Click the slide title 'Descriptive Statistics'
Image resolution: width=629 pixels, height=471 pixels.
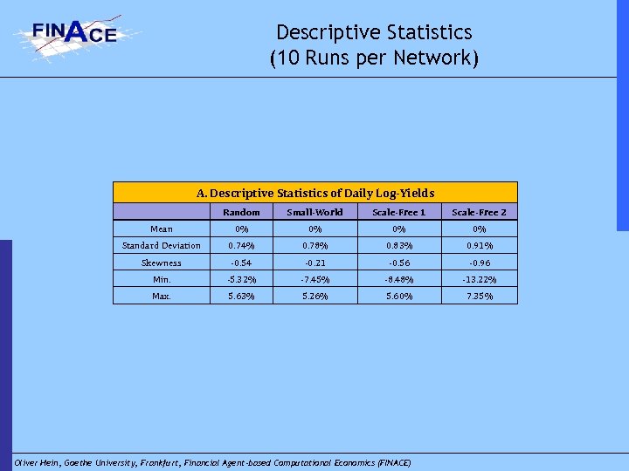coord(374,32)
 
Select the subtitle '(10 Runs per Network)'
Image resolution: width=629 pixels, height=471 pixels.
coord(374,58)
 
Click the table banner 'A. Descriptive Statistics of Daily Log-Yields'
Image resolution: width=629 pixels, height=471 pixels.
coord(315,193)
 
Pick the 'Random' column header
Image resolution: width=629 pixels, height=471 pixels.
coord(241,212)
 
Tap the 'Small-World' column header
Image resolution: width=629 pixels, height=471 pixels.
coord(314,212)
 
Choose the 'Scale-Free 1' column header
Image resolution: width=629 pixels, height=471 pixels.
coord(398,212)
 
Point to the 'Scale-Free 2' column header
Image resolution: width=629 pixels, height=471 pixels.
coord(478,212)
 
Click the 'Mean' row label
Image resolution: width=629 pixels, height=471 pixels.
coord(161,229)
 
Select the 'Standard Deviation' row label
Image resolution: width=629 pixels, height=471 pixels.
coord(161,245)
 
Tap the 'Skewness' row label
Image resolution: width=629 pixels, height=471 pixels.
coord(161,263)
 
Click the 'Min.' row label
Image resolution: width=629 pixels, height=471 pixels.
coord(161,279)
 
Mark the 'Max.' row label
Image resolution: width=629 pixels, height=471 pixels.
coord(161,296)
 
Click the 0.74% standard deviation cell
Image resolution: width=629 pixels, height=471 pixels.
coord(241,245)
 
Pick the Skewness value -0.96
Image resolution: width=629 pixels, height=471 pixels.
coord(478,263)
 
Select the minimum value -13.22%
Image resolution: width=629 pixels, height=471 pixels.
coord(478,279)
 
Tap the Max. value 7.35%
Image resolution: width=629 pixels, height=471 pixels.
coord(478,296)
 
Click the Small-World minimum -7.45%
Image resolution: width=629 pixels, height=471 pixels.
coord(314,279)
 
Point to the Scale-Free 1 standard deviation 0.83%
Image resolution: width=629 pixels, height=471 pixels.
coord(398,245)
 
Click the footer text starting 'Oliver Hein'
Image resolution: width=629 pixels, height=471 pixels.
coord(212,461)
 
